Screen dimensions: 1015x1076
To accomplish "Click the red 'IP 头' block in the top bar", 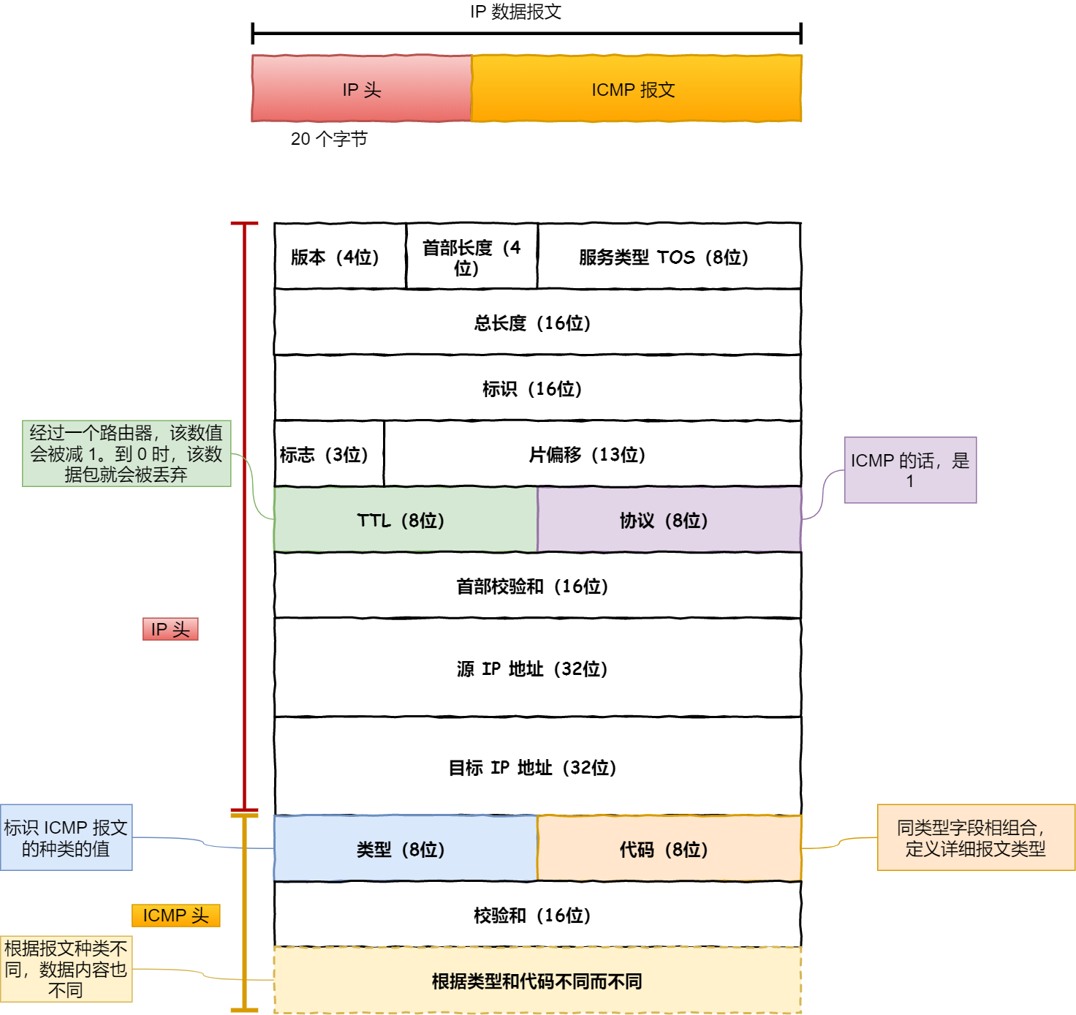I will point(362,88).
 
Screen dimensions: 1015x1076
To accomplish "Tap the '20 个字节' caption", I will point(329,139).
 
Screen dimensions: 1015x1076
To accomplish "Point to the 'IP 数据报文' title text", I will point(515,12).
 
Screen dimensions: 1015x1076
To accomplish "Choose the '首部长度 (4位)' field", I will point(471,257).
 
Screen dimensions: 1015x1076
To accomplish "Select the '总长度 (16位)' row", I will point(537,322).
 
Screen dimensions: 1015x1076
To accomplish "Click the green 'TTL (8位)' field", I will point(406,520).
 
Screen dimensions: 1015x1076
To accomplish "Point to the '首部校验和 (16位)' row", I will point(537,586).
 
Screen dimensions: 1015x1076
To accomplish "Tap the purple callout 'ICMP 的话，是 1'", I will point(910,470).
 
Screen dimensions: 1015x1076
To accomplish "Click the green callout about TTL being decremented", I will point(126,453).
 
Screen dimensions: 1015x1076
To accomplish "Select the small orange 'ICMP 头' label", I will point(175,916).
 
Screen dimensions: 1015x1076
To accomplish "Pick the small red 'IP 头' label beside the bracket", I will point(170,629).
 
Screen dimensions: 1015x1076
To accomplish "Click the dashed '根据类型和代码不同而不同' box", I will point(537,981).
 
